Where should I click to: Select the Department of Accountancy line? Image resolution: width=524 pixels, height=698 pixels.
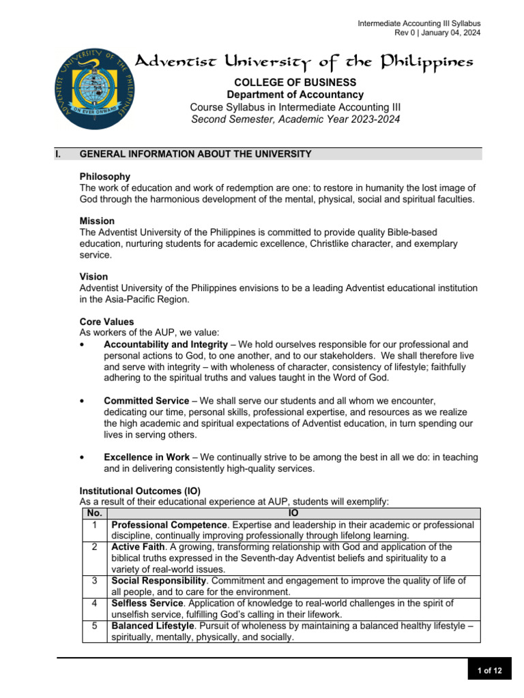coord(295,95)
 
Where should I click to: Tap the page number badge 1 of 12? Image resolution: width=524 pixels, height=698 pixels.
coord(489,671)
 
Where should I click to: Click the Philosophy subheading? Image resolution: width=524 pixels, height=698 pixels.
coord(105,177)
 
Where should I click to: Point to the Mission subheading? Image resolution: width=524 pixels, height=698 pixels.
coord(98,221)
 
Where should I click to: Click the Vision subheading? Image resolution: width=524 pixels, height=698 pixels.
coord(94,277)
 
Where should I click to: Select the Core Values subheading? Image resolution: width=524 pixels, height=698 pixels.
coord(107,321)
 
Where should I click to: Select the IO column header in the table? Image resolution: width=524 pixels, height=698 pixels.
coord(294,513)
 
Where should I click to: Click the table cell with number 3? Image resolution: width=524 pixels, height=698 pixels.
coord(94,581)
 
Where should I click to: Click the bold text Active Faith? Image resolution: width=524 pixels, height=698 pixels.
coord(137,547)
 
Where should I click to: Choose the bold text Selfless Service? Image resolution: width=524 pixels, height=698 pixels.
coord(147,603)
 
